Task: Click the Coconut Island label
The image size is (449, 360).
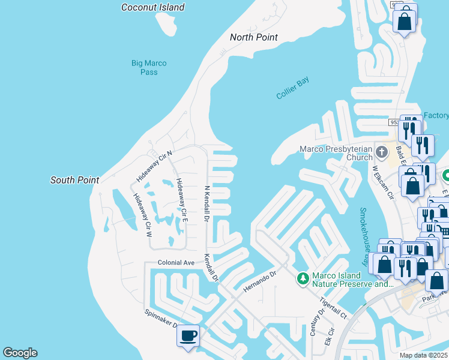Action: (152, 7)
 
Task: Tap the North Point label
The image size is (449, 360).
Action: (254, 37)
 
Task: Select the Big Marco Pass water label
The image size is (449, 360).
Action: (149, 67)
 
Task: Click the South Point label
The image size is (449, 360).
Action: (74, 180)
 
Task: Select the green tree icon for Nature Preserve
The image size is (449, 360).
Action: (303, 278)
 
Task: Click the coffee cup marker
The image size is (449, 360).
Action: (188, 335)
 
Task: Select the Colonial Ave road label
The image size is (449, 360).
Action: (176, 263)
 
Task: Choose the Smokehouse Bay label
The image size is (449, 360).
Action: (364, 237)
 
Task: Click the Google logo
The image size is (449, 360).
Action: (20, 353)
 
